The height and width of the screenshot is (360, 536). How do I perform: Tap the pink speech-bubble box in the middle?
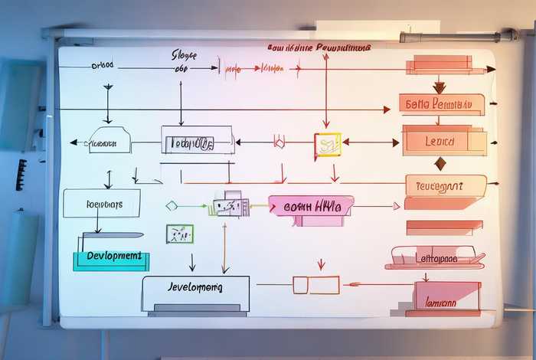[311, 206]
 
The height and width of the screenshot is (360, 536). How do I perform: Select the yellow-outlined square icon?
[327, 145]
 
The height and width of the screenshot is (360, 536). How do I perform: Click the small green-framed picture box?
[180, 234]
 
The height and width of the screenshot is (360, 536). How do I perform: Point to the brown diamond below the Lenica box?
[440, 163]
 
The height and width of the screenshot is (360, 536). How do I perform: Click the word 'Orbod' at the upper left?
[102, 65]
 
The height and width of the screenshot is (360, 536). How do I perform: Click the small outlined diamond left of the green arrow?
[172, 205]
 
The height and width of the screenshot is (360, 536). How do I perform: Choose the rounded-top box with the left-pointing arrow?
[108, 141]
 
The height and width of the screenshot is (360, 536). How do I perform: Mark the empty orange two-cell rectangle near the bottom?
[315, 285]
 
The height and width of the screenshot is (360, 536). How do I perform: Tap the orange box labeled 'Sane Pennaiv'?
[440, 103]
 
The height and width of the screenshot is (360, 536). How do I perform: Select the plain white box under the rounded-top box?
[102, 203]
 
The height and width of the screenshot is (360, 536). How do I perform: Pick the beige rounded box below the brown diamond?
[445, 185]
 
